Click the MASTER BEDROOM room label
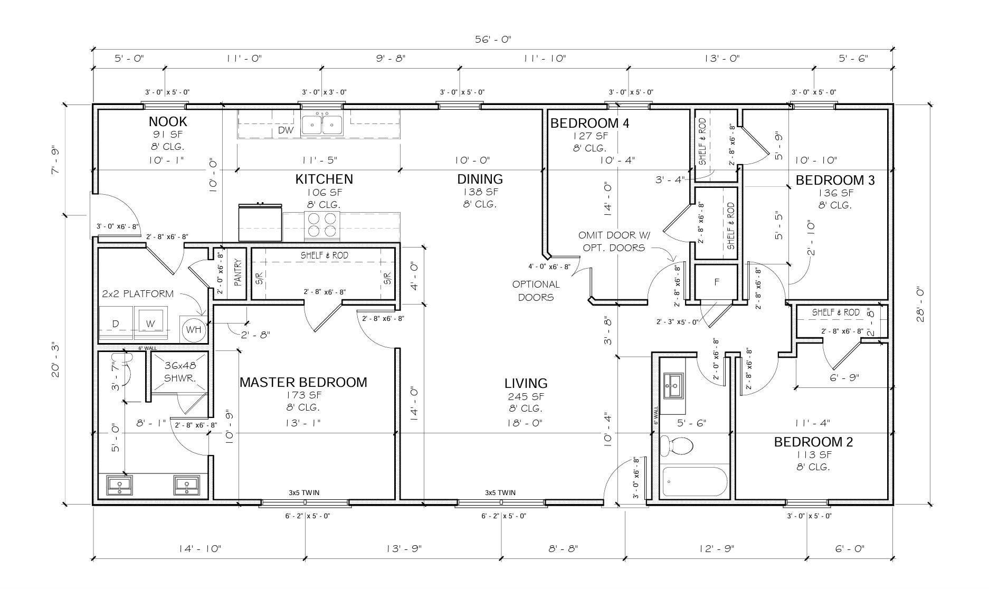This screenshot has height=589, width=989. [303, 382]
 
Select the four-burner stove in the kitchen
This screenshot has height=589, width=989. [321, 225]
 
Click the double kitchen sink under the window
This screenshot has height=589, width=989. [321, 125]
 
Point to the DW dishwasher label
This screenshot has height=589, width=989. [286, 130]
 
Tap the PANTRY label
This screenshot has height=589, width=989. [237, 272]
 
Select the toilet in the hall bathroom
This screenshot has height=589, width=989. [677, 445]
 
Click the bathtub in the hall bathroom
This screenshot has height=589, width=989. [694, 481]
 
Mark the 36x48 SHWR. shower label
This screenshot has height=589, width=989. [180, 372]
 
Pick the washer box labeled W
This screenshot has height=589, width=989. [151, 324]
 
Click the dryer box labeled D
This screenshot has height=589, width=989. [116, 324]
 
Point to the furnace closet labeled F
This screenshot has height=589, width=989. [716, 282]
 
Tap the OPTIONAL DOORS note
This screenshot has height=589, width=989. [536, 291]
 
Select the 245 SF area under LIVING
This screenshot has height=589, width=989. [526, 396]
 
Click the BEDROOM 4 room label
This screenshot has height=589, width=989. [589, 123]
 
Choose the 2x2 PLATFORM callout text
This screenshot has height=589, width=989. [137, 294]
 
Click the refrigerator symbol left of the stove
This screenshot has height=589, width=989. [260, 223]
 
